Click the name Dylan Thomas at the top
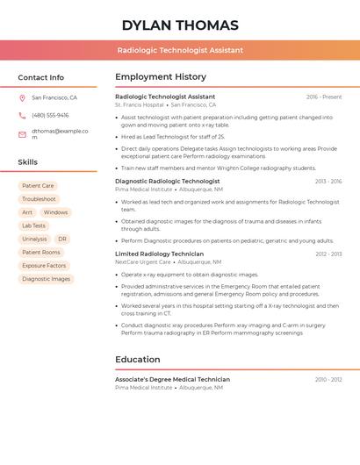[180, 25]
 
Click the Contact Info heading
[40, 77]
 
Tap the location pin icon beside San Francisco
[22, 98]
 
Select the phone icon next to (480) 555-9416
[22, 115]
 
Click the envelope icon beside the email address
[22, 134]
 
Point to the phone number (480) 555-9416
[50, 115]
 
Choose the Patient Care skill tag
[38, 186]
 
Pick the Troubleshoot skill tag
[39, 199]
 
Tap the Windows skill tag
[55, 212]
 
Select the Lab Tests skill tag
[33, 225]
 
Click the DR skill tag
[62, 239]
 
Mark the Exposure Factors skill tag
[44, 266]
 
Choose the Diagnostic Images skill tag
[46, 279]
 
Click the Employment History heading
[161, 77]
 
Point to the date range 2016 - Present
[324, 97]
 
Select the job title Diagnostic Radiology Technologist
[168, 182]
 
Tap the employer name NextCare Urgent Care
[143, 262]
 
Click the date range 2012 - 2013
[328, 254]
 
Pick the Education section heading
[138, 360]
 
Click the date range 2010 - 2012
[328, 380]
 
